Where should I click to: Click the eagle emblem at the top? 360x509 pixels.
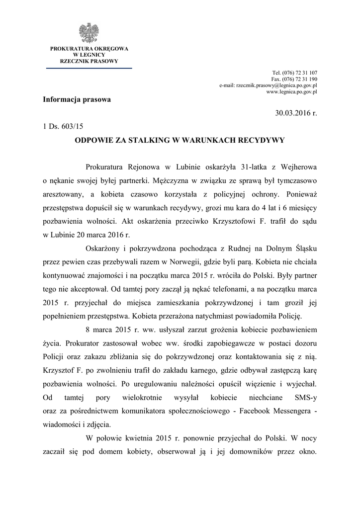point(89,33)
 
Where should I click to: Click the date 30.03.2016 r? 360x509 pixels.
point(296,113)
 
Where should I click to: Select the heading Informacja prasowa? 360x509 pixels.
point(77,99)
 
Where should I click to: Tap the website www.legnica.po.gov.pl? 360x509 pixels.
point(292,92)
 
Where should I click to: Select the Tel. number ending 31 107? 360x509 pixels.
point(295,73)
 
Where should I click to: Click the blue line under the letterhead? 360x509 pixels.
point(89,68)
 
